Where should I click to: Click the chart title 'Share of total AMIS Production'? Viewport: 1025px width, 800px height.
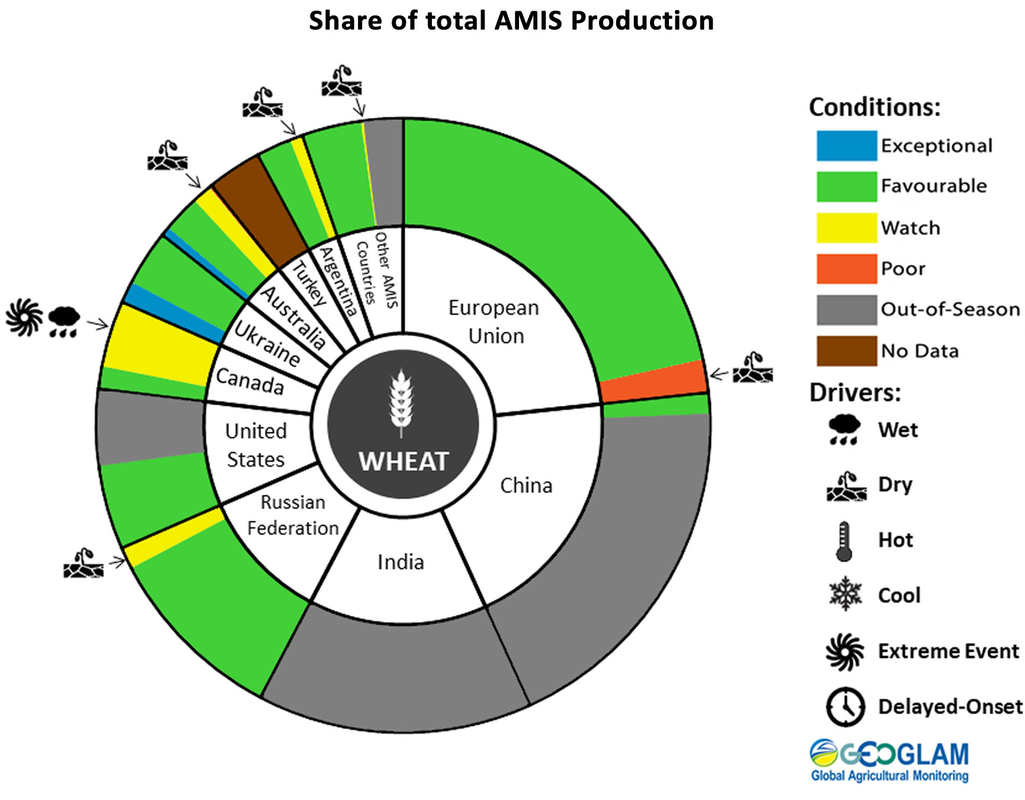tap(511, 21)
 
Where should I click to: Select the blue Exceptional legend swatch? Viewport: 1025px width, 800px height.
tap(846, 146)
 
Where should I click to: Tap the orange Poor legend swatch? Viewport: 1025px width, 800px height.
tap(846, 269)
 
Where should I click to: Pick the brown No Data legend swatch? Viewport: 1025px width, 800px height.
tap(846, 351)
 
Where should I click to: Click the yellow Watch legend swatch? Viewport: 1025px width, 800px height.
tap(846, 228)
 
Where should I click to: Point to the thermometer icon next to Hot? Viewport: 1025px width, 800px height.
tap(844, 541)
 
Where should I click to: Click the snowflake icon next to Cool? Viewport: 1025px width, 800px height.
tap(845, 594)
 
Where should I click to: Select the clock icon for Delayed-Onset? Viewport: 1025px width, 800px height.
tap(845, 706)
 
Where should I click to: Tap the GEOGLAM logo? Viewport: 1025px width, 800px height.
tap(889, 761)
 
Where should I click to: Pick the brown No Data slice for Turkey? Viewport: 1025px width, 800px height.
tap(260, 210)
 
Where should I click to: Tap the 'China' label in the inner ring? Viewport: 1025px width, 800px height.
tap(526, 485)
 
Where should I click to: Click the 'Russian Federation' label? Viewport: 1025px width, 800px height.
tap(293, 515)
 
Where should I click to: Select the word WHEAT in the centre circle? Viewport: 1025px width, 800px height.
tap(403, 462)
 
